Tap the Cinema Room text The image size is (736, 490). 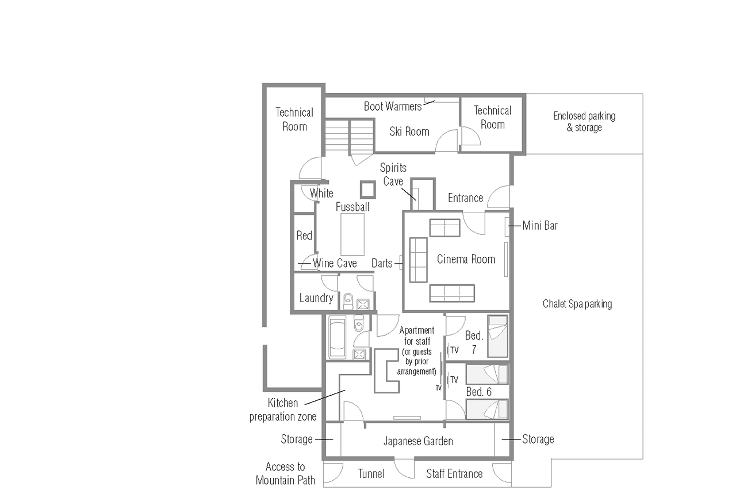tap(466, 259)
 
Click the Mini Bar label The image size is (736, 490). tap(540, 225)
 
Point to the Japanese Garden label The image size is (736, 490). tap(418, 441)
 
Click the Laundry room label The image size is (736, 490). tap(316, 298)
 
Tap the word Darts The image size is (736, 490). tap(382, 263)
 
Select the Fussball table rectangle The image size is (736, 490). tap(352, 234)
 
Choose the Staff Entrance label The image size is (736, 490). tap(454, 474)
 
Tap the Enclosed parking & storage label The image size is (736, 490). tap(584, 122)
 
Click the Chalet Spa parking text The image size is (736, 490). tap(577, 304)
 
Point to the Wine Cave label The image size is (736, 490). tap(334, 263)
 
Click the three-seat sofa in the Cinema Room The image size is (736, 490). tap(452, 293)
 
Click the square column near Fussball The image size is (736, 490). tap(368, 189)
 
